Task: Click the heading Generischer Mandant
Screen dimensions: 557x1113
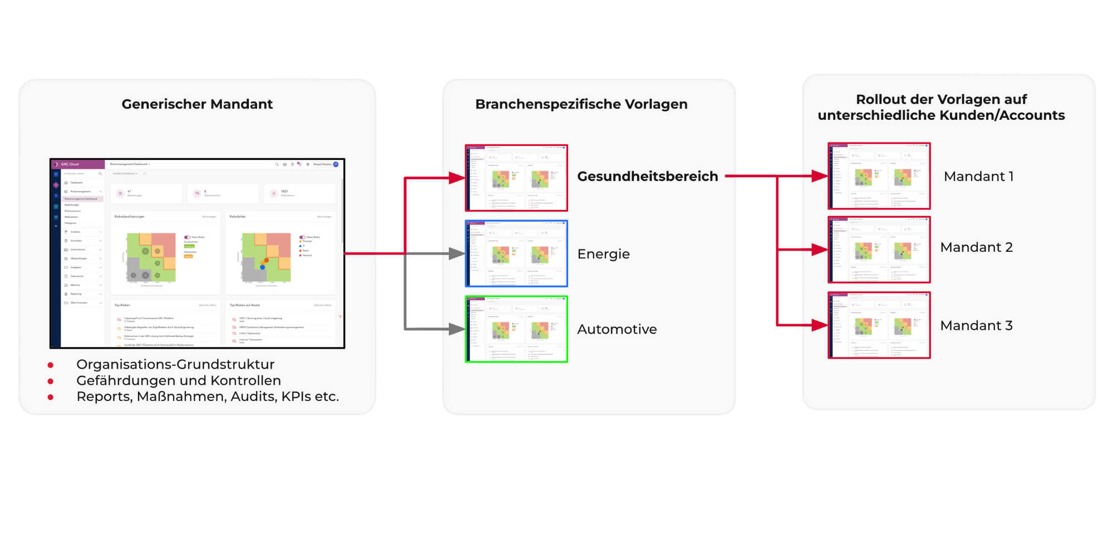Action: tap(197, 104)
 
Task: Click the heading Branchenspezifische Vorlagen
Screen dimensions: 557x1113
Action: tap(581, 104)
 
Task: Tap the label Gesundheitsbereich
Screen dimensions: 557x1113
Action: tap(647, 177)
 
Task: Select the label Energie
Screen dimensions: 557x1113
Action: tap(603, 254)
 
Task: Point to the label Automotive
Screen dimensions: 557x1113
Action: tap(617, 329)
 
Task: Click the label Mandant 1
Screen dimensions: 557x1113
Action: tap(978, 177)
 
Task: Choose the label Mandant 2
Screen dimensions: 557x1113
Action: tap(976, 247)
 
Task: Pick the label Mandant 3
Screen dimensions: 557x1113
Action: tap(976, 326)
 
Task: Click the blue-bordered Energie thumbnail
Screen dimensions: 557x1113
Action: tap(516, 253)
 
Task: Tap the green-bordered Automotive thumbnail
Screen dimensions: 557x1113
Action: tap(516, 329)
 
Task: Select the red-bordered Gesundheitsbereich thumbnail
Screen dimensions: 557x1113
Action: tap(516, 178)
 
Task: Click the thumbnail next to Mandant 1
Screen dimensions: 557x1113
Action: tap(879, 176)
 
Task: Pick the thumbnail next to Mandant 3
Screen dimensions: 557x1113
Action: tap(879, 325)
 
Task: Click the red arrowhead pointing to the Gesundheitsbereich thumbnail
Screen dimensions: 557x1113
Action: tap(457, 178)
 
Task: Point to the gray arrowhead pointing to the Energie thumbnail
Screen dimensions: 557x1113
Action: tap(457, 254)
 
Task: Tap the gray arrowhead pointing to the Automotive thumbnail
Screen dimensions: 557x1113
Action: tap(457, 329)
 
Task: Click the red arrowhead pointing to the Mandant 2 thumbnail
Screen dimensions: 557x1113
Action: tap(820, 250)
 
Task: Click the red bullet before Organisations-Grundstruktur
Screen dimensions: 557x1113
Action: tap(51, 365)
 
